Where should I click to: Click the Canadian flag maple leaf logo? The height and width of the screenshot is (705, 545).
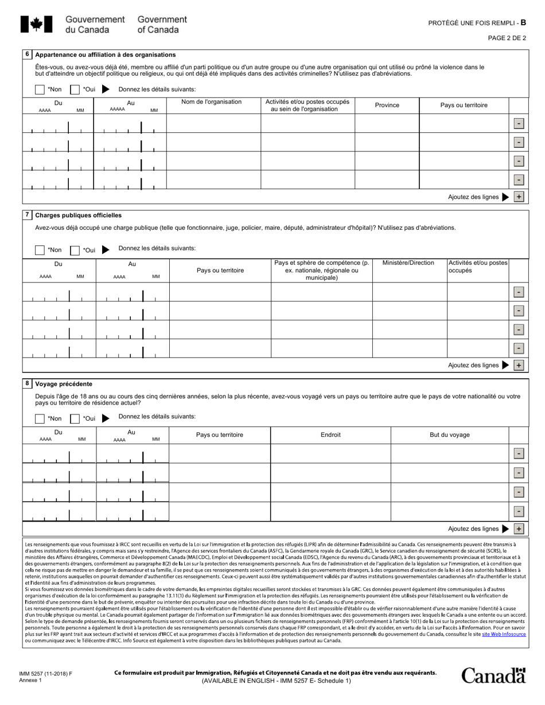click(36, 24)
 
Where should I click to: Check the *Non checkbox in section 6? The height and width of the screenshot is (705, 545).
click(40, 89)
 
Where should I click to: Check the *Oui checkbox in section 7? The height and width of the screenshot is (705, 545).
click(75, 250)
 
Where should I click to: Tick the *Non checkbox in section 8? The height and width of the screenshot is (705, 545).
click(40, 418)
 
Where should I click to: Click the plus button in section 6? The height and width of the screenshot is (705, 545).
click(519, 197)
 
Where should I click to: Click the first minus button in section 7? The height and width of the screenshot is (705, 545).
click(519, 292)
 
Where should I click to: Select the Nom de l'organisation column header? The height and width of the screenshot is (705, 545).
click(211, 102)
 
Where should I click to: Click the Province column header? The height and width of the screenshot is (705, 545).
click(387, 105)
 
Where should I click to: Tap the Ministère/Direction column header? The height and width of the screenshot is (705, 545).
click(408, 263)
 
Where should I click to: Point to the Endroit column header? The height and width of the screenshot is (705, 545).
click(330, 435)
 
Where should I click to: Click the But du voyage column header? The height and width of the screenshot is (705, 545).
click(450, 435)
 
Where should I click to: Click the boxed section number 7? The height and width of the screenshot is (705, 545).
click(27, 215)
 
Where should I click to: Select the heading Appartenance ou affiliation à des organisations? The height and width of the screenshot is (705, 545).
click(106, 55)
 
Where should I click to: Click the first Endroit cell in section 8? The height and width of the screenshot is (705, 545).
click(330, 453)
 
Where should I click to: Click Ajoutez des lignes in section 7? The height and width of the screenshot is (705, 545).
click(473, 365)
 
